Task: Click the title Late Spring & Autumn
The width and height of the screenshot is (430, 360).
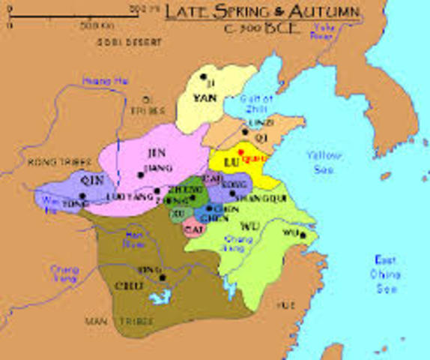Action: click(261, 13)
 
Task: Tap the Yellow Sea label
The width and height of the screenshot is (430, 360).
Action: click(324, 160)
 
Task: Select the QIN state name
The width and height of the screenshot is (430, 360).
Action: click(91, 181)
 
